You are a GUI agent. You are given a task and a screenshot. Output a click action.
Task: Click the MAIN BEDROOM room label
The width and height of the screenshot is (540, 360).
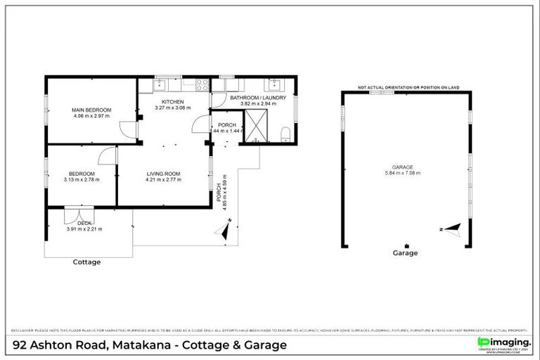(x=91, y=110)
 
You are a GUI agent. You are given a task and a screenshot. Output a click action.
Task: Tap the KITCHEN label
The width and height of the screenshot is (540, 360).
(x=172, y=102)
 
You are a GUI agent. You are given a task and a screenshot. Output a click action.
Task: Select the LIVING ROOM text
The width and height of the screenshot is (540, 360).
(x=164, y=173)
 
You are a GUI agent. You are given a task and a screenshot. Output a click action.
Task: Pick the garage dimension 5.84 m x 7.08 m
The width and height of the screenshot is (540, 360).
(x=402, y=173)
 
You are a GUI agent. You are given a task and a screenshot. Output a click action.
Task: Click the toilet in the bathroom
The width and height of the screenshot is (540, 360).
(x=285, y=134)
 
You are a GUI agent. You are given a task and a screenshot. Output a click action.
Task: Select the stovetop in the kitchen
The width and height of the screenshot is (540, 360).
(x=202, y=85)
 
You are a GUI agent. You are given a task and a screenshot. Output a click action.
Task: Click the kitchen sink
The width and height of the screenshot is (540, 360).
(x=160, y=85)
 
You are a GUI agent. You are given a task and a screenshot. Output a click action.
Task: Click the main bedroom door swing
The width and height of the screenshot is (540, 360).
(x=127, y=129)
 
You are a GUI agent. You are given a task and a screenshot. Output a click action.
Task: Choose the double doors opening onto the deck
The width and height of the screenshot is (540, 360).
(x=76, y=214)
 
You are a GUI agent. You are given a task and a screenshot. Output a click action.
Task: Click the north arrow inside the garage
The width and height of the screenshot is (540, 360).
(x=451, y=229)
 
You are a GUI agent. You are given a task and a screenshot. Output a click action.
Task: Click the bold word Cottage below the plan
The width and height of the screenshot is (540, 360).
(x=87, y=262)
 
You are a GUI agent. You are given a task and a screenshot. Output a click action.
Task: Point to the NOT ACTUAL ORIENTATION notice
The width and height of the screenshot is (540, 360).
(x=409, y=87)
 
